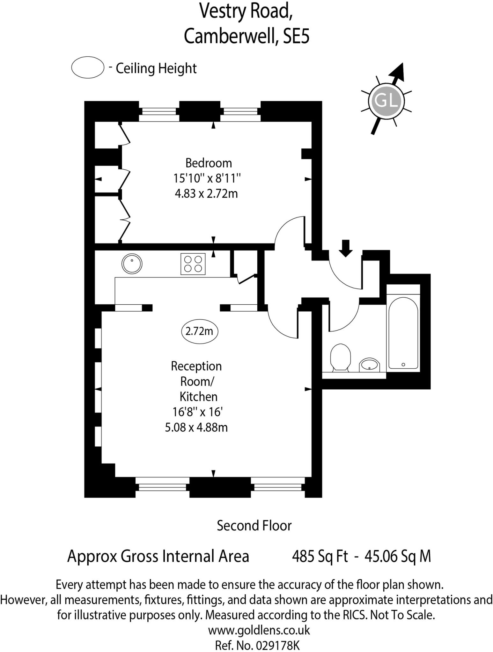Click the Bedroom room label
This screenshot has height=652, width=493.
(209, 163)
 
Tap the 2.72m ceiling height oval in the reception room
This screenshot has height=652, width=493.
(199, 331)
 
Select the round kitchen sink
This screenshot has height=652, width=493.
(132, 264)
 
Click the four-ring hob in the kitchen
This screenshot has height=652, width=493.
(193, 264)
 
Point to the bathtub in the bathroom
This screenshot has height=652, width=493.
(403, 333)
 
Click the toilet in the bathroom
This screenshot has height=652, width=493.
(341, 357)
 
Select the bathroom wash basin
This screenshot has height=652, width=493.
(370, 365)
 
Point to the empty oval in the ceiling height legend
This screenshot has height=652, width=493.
(88, 67)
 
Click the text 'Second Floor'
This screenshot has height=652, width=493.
(254, 526)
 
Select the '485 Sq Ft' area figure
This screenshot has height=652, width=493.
(320, 556)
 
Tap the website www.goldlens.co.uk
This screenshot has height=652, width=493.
(259, 630)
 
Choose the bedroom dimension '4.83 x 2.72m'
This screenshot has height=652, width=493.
(206, 194)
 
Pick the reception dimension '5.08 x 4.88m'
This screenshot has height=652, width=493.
(196, 427)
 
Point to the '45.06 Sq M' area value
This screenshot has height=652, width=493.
(398, 556)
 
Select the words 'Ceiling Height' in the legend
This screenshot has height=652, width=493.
(156, 68)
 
